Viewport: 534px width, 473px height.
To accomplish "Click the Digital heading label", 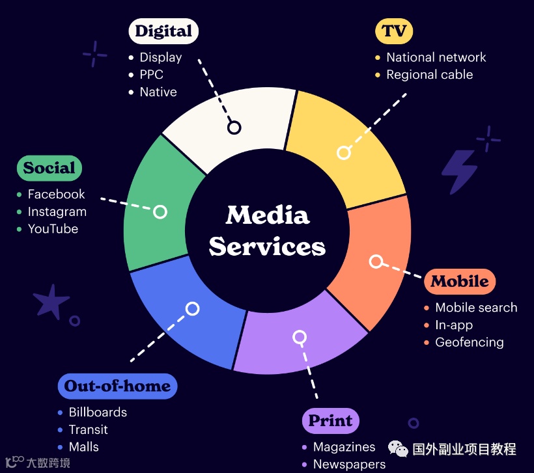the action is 163,31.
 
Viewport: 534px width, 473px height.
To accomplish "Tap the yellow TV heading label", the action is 394,31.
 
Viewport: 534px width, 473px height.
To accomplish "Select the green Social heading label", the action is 49,168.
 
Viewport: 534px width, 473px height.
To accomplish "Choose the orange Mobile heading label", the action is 459,281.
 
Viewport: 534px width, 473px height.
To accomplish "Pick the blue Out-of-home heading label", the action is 117,386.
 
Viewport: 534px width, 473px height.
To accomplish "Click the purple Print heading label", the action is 330,420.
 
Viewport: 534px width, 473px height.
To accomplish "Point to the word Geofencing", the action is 470,342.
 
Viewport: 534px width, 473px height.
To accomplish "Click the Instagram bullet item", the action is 57,211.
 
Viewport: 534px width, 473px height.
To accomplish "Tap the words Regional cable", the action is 429,74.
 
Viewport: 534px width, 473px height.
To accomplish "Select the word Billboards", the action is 98,412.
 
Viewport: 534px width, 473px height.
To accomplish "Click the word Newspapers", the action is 349,464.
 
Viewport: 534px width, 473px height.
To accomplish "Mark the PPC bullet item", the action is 151,74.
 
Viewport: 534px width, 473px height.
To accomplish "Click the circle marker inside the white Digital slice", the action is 234,128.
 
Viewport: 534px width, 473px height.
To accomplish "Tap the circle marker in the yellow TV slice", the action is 344,153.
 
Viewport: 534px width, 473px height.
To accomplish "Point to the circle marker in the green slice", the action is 160,212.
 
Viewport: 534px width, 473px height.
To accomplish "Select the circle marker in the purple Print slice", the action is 300,337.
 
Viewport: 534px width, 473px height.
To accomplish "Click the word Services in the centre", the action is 267,247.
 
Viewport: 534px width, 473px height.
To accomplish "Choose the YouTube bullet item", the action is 53,229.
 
